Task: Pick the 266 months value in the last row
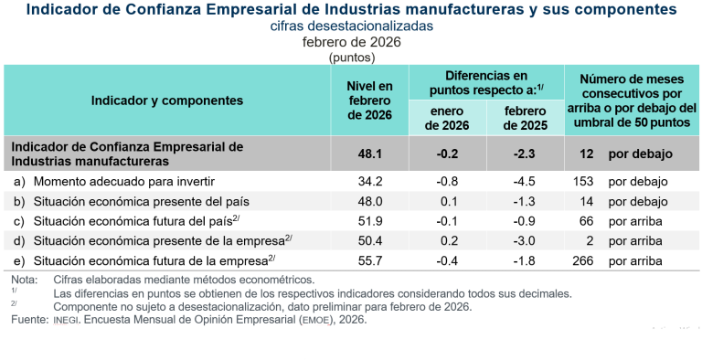click(x=583, y=260)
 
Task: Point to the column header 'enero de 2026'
click(x=448, y=118)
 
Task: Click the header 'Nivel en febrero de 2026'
click(x=370, y=101)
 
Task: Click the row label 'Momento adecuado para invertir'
click(x=112, y=181)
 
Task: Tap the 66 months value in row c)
click(x=586, y=220)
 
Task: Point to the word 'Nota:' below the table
click(x=25, y=280)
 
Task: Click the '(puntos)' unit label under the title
click(x=351, y=57)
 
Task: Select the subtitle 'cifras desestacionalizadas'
click(x=351, y=26)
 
